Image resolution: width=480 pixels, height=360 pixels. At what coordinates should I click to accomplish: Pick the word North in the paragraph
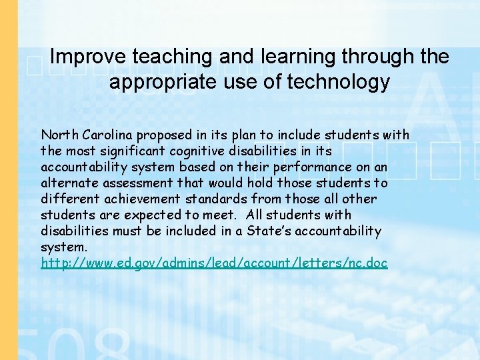pyautogui.click(x=57, y=135)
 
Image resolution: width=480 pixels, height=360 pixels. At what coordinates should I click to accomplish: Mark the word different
pyautogui.click(x=65, y=199)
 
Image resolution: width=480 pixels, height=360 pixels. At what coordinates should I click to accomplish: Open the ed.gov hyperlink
pyautogui.click(x=214, y=263)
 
